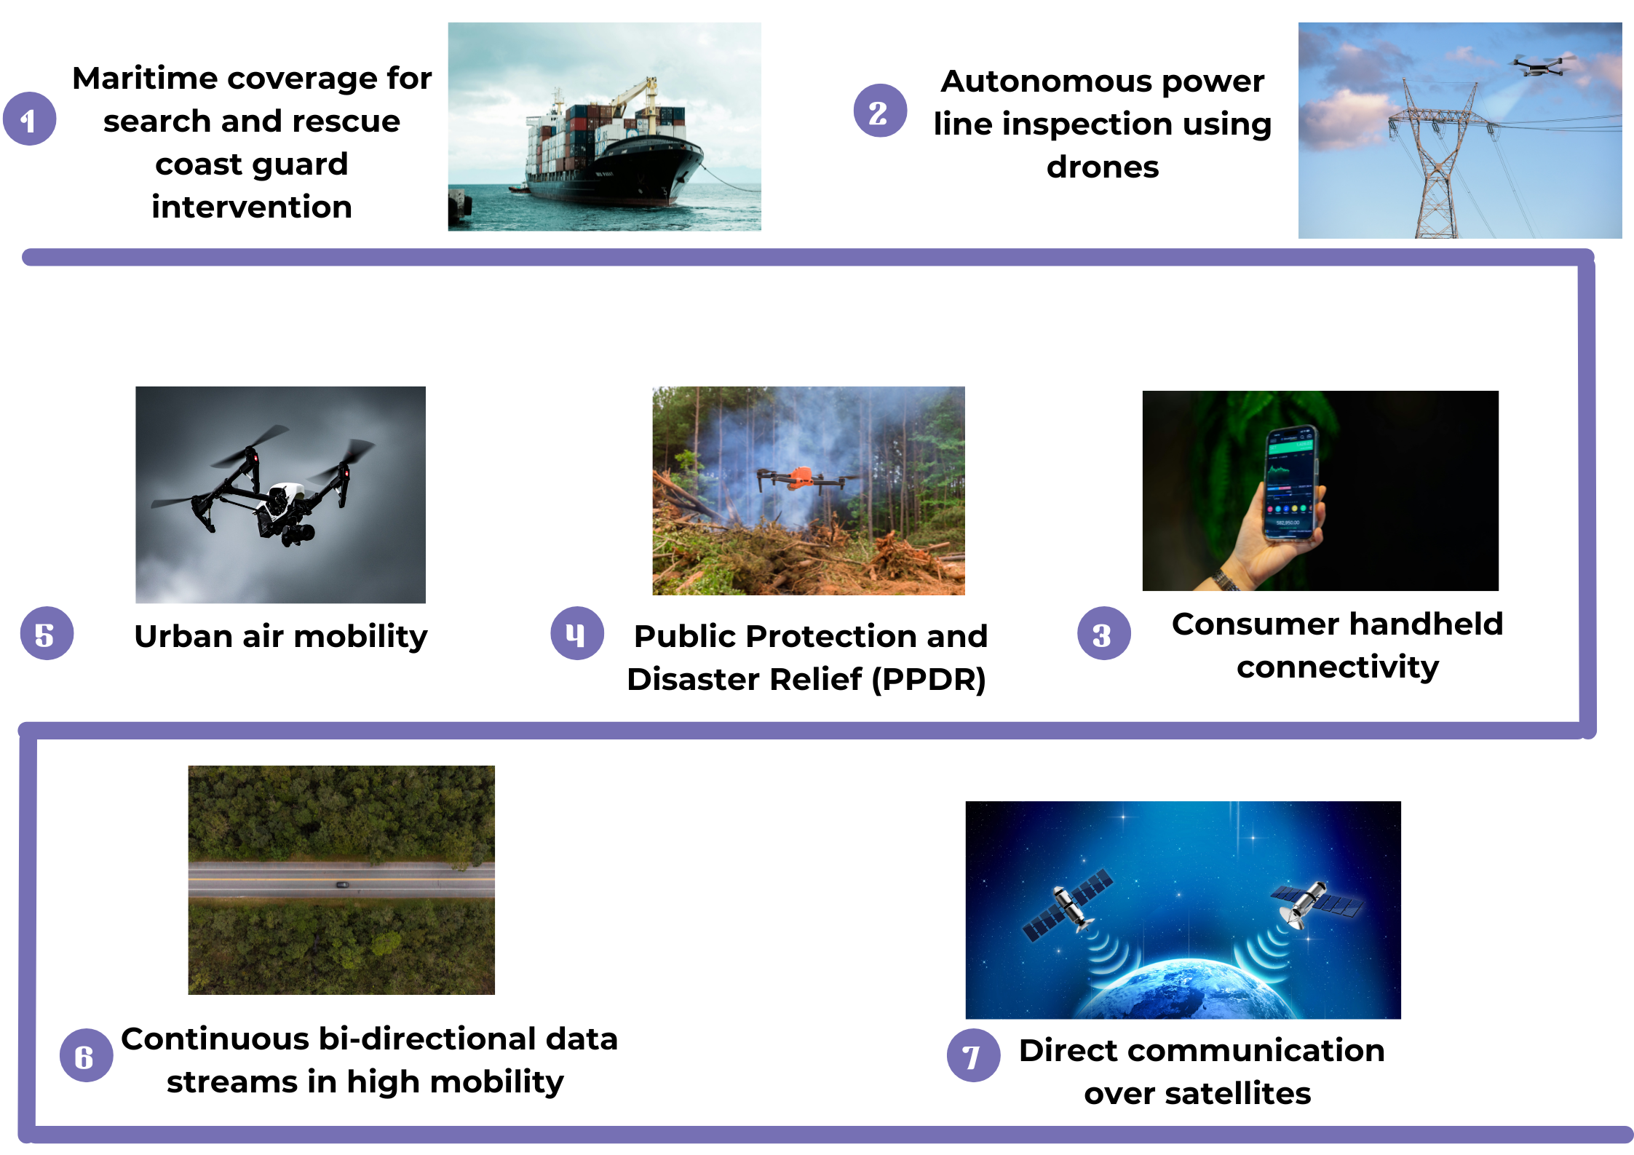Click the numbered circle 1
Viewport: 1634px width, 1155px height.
click(30, 119)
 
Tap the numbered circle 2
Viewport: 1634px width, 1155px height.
click(880, 111)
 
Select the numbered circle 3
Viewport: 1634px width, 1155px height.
click(1103, 633)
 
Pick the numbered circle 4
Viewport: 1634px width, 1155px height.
click(577, 633)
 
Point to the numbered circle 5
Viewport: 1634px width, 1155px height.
click(47, 633)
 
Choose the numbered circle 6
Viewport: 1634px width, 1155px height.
click(86, 1055)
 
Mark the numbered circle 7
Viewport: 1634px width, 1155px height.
click(973, 1055)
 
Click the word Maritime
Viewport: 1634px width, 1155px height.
click(146, 78)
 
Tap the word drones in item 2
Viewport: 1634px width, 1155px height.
click(1102, 167)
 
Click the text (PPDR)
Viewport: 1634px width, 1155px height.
click(929, 680)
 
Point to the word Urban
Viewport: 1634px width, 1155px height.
click(183, 636)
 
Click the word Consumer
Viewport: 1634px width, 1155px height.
click(1256, 624)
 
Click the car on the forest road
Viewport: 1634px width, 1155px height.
click(341, 884)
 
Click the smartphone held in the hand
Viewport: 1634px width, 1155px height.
click(1293, 483)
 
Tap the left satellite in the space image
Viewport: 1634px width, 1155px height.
click(1068, 905)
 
